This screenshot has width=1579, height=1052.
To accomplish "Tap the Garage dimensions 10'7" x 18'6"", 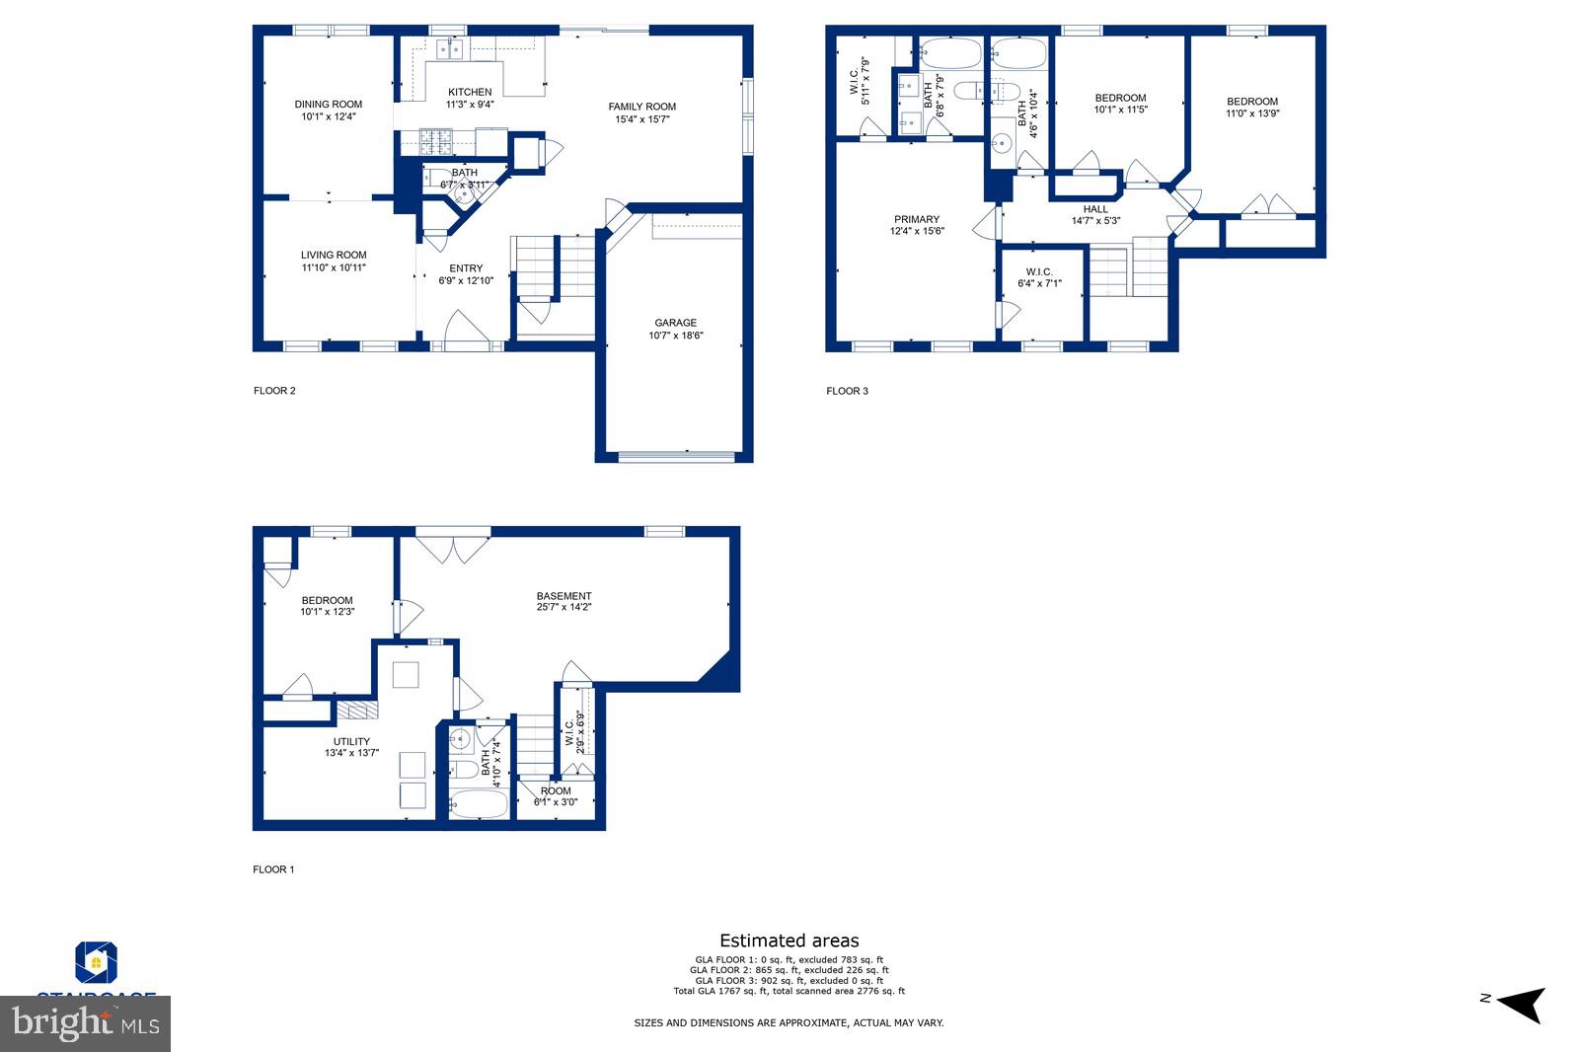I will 676,336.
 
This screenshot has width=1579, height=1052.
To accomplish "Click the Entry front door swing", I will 463,330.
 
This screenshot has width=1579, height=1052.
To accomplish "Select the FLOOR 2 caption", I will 274,391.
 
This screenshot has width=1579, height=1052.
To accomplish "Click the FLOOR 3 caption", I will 847,391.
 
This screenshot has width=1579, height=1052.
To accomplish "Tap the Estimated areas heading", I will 789,940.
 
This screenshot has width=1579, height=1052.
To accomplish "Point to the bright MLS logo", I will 86,1023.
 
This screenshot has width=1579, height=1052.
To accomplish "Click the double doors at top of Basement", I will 453,549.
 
